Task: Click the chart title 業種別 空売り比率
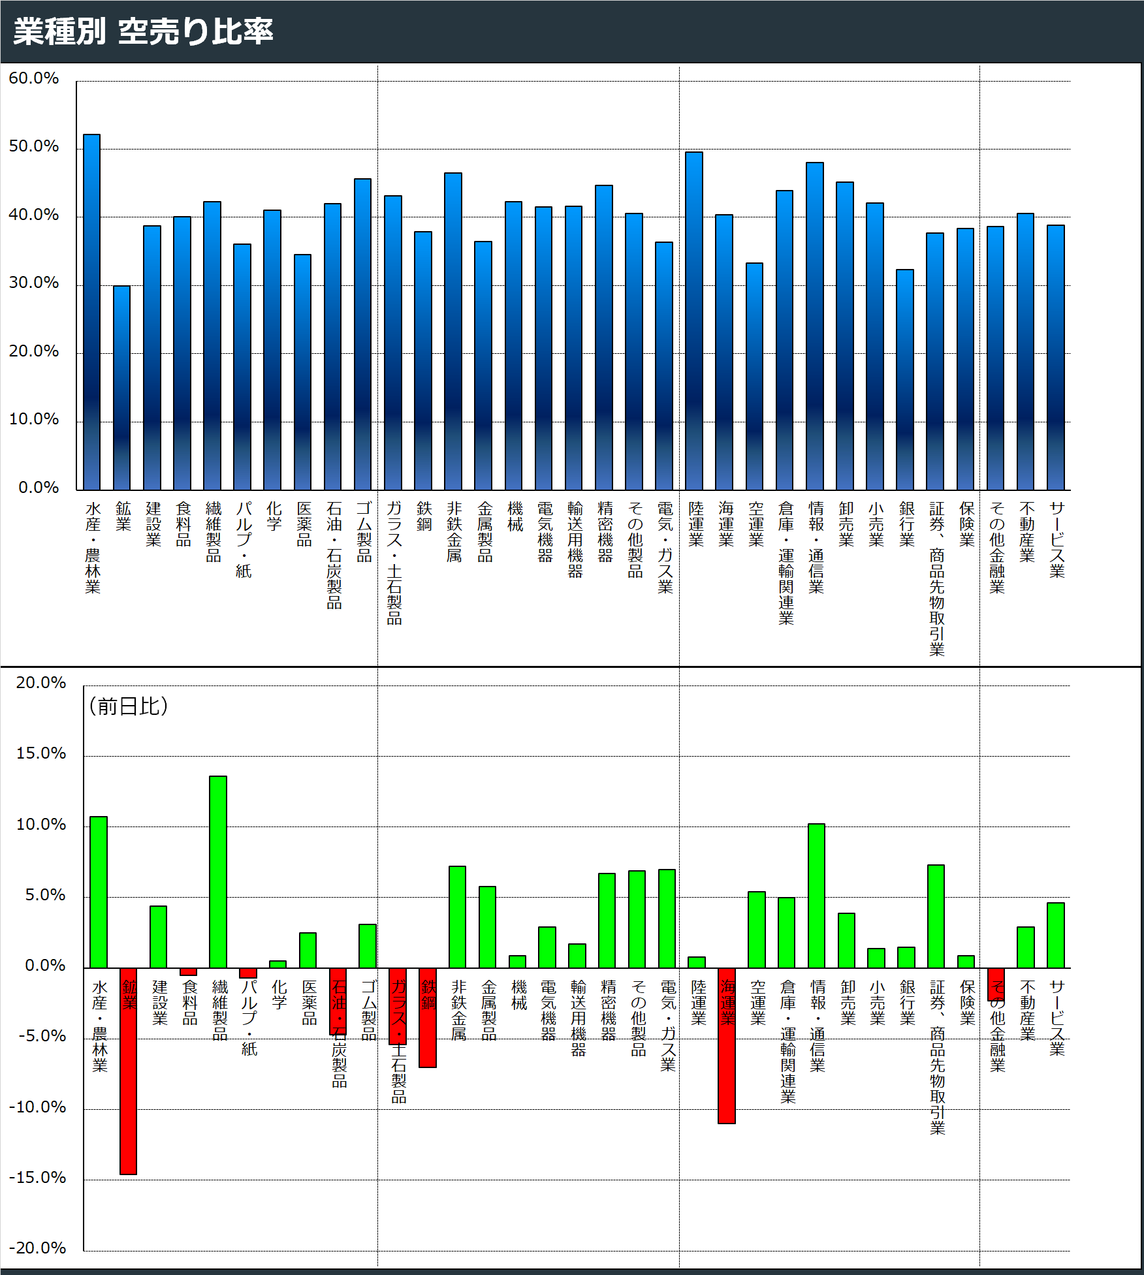(143, 31)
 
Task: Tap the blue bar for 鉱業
(122, 388)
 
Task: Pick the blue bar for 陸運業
(694, 321)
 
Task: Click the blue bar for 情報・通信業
(815, 326)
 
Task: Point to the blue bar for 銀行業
(905, 379)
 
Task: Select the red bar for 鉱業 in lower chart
(129, 1071)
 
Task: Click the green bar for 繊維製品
(218, 872)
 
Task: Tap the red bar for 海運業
(727, 1045)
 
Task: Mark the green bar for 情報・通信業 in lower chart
(816, 895)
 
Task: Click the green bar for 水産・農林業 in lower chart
(99, 892)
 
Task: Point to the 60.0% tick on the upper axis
(33, 78)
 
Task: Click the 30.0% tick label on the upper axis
(33, 283)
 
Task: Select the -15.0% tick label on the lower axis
(37, 1178)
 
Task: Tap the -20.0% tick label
(37, 1248)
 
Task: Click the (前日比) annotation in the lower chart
(129, 706)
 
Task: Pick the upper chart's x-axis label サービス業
(1057, 539)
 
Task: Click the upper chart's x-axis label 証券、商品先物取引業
(936, 578)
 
